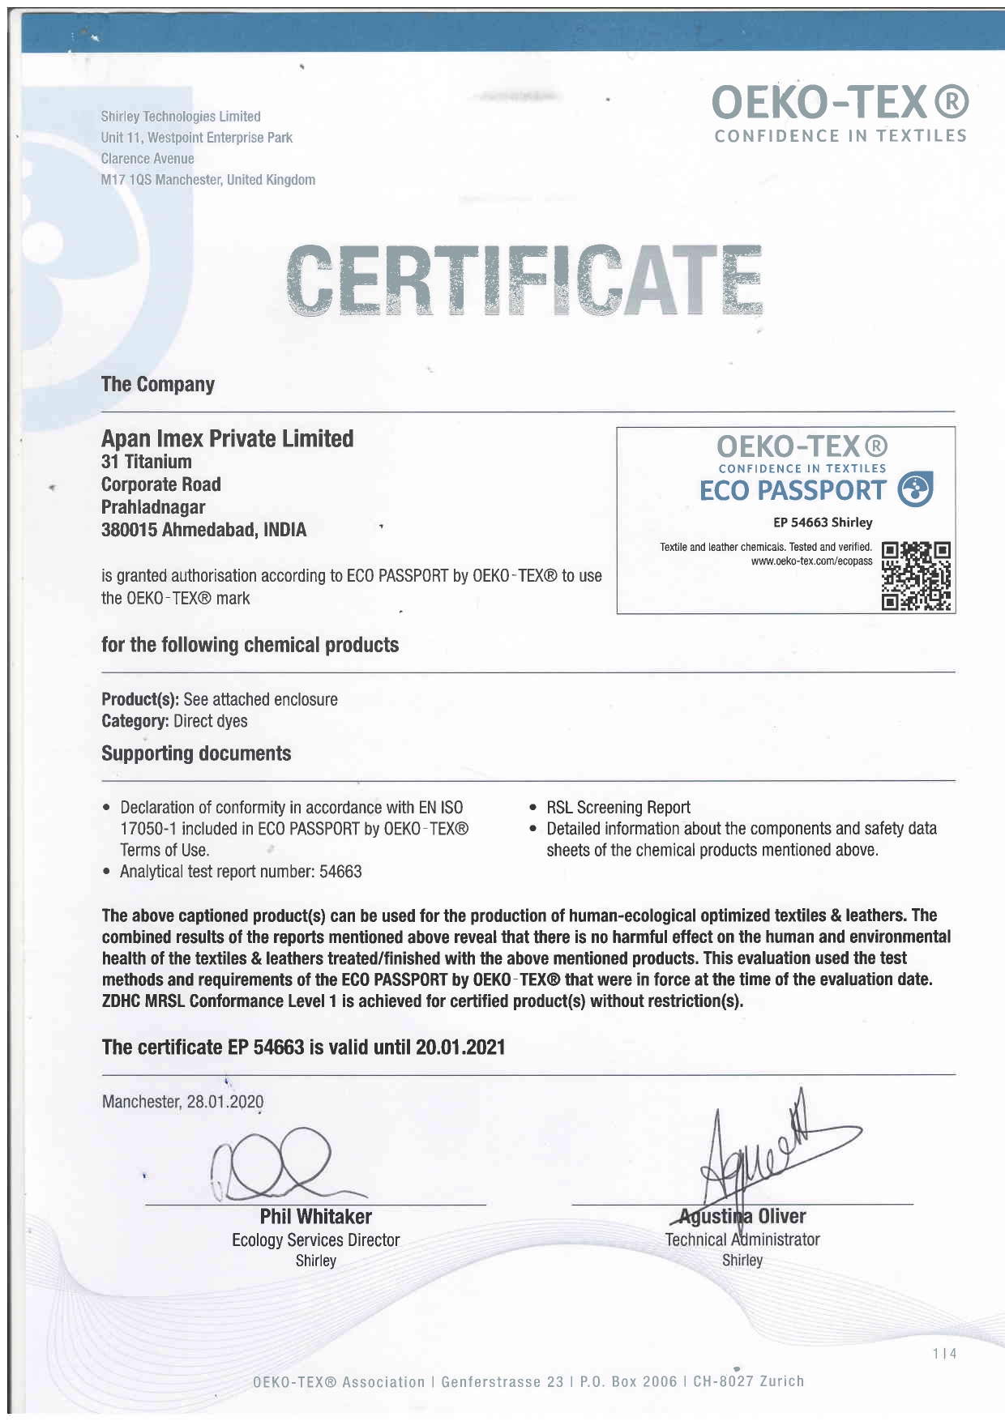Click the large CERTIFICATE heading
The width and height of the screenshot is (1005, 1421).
click(x=525, y=280)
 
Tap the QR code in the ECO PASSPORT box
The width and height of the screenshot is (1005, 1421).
click(x=916, y=576)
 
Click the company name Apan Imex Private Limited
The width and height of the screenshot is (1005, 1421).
click(x=227, y=439)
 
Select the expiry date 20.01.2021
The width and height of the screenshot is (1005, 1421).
click(x=460, y=1048)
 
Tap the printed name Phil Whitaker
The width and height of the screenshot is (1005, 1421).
click(x=315, y=1217)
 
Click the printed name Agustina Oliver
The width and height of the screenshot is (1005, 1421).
click(x=742, y=1217)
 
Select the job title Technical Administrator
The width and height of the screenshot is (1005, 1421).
click(x=742, y=1240)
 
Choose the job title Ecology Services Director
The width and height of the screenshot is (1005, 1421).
click(x=315, y=1240)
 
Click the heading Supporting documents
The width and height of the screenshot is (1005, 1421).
click(x=196, y=753)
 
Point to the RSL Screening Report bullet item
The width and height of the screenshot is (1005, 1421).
click(x=618, y=808)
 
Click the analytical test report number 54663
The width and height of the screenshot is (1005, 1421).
click(x=340, y=872)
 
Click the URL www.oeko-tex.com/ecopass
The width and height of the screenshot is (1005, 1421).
click(x=811, y=561)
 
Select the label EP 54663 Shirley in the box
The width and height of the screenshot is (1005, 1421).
click(x=822, y=523)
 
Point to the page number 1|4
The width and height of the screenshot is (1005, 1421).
click(x=944, y=1354)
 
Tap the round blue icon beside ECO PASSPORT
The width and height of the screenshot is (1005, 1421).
click(x=916, y=489)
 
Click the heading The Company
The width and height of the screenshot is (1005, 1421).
click(x=158, y=384)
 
